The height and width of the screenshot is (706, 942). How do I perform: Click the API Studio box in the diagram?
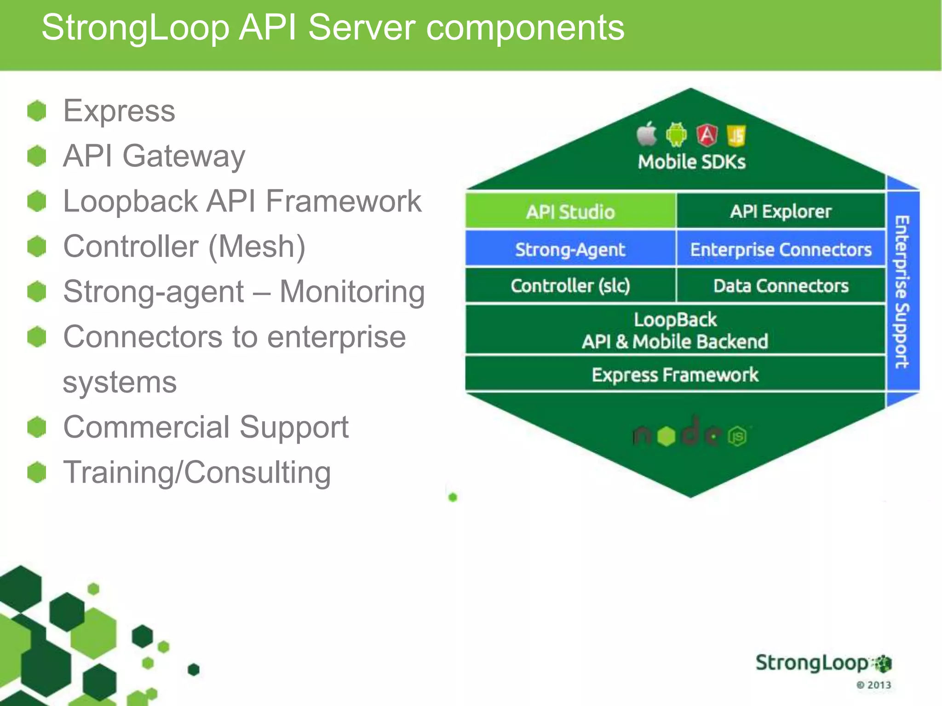click(570, 211)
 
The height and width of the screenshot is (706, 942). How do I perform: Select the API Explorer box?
click(781, 211)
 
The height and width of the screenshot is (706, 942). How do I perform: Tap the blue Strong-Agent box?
click(570, 249)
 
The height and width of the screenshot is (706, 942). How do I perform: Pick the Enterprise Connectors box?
click(781, 249)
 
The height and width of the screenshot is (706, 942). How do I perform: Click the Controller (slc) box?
click(570, 286)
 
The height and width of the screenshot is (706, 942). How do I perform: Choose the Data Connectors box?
click(781, 286)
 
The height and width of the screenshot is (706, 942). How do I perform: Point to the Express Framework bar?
click(675, 375)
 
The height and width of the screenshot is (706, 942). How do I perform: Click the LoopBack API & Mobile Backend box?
click(675, 330)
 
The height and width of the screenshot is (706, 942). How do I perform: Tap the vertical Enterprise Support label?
click(902, 292)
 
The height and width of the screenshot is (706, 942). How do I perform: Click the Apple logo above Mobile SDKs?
click(647, 134)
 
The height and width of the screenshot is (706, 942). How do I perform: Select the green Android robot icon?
click(676, 135)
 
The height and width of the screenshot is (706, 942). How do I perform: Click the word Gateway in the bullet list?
click(184, 156)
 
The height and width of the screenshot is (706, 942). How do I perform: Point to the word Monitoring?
click(352, 292)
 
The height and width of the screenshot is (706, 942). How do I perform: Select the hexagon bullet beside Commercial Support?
click(37, 427)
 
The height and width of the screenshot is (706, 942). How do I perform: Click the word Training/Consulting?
click(197, 473)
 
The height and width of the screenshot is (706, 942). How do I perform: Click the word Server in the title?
click(362, 28)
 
